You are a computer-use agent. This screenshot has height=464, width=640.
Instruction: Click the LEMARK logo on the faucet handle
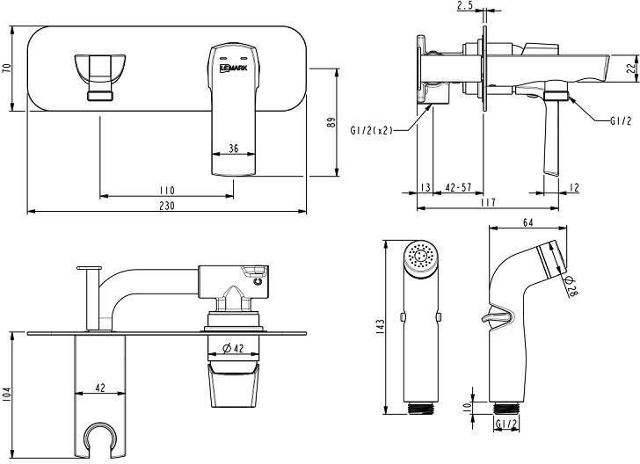point(234,69)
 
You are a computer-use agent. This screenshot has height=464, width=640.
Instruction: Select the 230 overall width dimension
point(166,206)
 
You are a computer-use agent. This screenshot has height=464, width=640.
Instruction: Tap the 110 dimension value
point(167,190)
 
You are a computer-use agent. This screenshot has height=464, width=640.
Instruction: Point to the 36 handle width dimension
point(234,149)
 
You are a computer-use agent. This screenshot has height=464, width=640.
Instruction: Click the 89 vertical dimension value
point(331,122)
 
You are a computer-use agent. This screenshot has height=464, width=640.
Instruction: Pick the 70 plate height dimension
point(6,69)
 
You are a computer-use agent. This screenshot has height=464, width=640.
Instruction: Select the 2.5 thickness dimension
point(465,6)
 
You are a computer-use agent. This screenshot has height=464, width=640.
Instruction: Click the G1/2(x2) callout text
point(371,130)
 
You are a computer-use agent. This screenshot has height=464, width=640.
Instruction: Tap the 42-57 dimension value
point(458,187)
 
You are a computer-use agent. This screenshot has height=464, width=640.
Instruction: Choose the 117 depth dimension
point(488,202)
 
